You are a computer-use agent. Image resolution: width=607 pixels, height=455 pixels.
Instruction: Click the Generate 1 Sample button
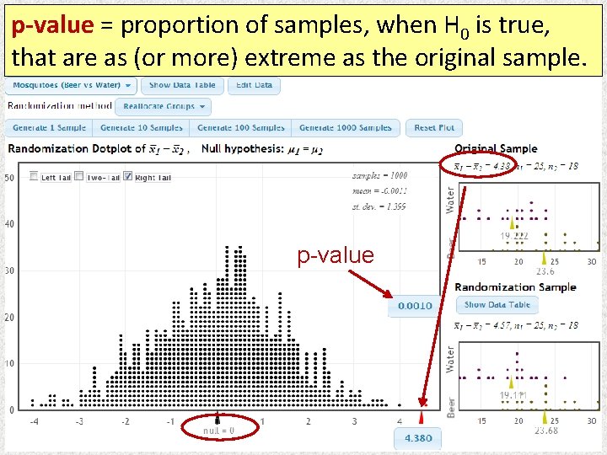(x=49, y=128)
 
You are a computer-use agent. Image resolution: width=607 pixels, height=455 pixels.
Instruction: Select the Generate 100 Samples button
(x=241, y=128)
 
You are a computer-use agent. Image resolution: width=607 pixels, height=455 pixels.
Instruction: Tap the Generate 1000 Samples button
(x=346, y=128)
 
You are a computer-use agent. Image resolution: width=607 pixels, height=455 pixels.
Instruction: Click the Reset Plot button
(x=434, y=128)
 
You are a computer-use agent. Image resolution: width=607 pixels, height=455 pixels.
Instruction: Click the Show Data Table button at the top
(x=182, y=85)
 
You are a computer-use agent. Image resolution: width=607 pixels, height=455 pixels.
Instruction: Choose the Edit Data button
(x=254, y=85)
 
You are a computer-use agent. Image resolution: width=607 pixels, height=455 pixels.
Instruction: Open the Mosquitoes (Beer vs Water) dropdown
(x=72, y=85)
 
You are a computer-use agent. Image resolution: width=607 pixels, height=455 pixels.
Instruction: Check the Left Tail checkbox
(x=34, y=176)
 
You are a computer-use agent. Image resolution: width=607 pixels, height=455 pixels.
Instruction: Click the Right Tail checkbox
(x=127, y=176)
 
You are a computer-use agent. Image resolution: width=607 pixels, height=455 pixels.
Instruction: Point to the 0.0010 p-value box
(x=415, y=306)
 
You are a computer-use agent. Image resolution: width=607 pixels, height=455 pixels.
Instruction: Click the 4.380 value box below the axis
(x=418, y=438)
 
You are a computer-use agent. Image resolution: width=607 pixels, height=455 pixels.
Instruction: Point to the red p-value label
(x=335, y=255)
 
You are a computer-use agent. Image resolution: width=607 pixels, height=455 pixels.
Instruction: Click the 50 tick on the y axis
(x=8, y=178)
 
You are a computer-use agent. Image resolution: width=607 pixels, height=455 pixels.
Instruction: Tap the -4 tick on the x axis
(x=33, y=421)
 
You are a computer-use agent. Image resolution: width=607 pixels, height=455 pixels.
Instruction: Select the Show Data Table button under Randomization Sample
(x=497, y=305)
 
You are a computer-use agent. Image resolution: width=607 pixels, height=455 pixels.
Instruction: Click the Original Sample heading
(x=496, y=149)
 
